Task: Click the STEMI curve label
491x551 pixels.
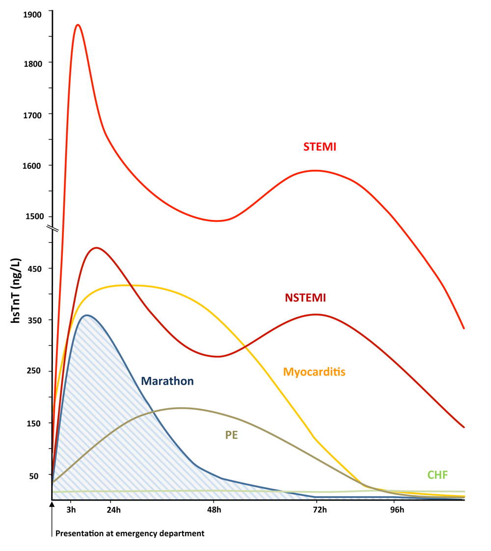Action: tap(320, 146)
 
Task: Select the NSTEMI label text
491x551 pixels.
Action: tap(305, 297)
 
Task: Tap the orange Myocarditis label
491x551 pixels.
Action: tap(314, 371)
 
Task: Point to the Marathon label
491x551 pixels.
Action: tap(167, 381)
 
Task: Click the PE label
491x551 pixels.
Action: tap(231, 435)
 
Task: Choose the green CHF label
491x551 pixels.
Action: tap(437, 474)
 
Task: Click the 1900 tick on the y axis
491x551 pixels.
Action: tap(32, 14)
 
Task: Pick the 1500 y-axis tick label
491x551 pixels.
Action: tap(32, 217)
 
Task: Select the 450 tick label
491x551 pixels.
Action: tap(34, 268)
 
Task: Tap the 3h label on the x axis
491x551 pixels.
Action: tap(71, 510)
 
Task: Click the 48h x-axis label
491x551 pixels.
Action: tap(215, 510)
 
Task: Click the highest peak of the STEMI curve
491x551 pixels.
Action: tap(78, 25)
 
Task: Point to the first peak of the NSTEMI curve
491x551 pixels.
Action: tap(96, 248)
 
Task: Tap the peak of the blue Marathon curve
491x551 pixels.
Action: tap(86, 315)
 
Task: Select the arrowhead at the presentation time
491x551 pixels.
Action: tap(52, 504)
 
